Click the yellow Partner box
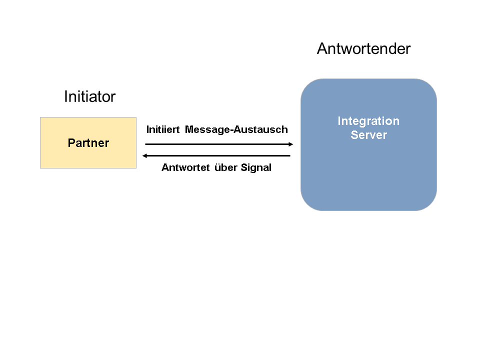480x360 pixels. click(88, 155)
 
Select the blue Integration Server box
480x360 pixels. click(368, 170)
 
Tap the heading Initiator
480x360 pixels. click(89, 96)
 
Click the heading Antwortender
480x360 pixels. click(363, 49)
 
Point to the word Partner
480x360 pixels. click(88, 143)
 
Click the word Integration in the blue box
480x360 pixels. click(368, 121)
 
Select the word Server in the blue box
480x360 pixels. click(368, 135)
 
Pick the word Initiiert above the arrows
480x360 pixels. click(163, 129)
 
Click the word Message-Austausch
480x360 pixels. click(236, 129)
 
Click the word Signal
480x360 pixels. click(256, 167)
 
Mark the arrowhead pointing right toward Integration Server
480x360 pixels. click(290, 144)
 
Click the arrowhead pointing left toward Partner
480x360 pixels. click(145, 156)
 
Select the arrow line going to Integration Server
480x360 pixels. click(215, 144)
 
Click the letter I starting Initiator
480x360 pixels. click(66, 96)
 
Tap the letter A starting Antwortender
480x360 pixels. click(322, 49)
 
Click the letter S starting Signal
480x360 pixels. click(244, 167)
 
